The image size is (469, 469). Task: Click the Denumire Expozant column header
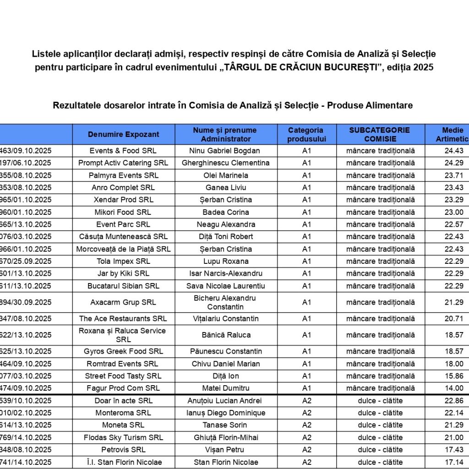[124, 134]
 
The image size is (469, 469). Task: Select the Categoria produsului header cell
[306, 134]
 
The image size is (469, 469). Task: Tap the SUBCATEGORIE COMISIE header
[380, 134]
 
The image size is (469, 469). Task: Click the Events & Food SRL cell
[123, 151]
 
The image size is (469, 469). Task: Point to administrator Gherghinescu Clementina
[226, 163]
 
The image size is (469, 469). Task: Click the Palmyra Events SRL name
[123, 175]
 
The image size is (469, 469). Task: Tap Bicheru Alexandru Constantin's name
[226, 302]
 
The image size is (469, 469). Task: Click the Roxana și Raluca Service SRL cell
[123, 335]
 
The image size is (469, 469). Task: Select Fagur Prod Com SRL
[123, 388]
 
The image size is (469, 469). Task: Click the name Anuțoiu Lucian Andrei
[226, 401]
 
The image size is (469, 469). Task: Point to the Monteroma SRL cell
[123, 413]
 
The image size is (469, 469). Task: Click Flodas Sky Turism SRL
[123, 438]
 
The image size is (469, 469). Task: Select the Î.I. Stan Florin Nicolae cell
[123, 462]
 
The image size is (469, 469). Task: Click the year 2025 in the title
[423, 67]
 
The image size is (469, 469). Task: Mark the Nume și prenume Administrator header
[226, 134]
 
